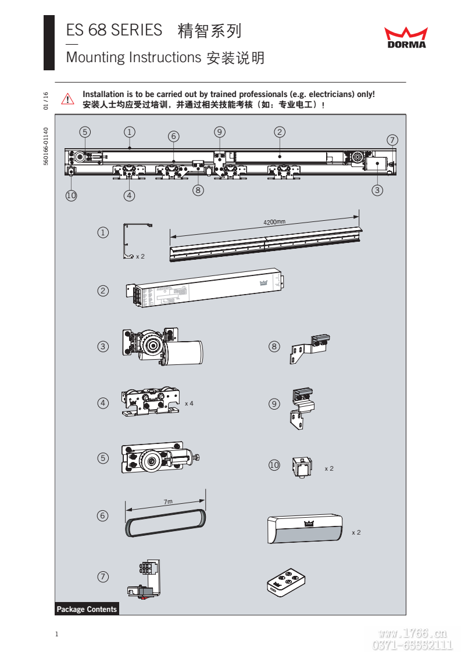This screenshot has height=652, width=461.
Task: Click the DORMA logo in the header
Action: point(406,37)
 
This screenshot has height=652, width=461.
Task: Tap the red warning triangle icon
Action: point(69,99)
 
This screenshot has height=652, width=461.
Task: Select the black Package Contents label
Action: point(87,609)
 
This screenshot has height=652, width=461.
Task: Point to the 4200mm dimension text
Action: point(274,223)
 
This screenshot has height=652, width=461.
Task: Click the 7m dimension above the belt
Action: point(168,501)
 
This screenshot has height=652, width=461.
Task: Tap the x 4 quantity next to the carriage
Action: point(189,403)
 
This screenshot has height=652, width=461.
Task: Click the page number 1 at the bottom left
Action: point(56,634)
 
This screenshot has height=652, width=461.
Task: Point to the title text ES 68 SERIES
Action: point(114,31)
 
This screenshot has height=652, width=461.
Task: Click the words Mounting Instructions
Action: point(133,58)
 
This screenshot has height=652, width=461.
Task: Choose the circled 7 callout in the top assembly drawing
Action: point(392,140)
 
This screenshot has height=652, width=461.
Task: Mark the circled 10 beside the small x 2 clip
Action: point(274,465)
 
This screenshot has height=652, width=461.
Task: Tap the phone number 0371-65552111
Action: point(412,644)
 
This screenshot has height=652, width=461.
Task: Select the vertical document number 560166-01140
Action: point(46,146)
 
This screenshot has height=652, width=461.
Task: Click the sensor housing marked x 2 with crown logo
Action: point(304,529)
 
